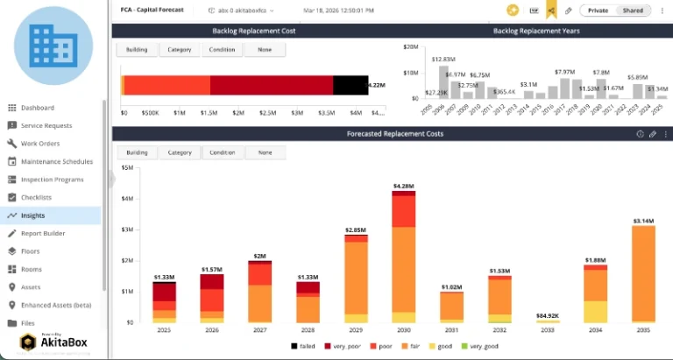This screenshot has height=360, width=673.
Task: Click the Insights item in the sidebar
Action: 32,215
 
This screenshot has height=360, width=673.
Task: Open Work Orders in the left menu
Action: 39,144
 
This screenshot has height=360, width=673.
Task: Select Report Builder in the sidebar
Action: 43,233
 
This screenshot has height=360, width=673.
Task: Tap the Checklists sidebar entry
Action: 36,197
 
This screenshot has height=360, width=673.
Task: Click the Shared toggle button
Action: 632,11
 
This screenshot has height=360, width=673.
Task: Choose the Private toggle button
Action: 599,11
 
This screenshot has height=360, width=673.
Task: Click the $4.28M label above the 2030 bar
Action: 403,187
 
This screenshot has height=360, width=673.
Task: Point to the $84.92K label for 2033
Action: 547,314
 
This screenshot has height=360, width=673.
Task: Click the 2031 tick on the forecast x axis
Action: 451,331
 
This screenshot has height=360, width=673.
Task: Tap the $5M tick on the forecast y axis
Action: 128,167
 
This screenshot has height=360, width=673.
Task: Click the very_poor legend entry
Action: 344,347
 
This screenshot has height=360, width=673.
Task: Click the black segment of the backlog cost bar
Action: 350,85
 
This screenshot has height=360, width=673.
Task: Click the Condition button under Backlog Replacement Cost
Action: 222,50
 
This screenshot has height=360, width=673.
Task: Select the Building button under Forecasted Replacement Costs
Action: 137,152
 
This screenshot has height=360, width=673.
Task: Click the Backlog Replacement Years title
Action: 536,31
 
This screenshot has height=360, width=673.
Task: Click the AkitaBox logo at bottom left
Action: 53,343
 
